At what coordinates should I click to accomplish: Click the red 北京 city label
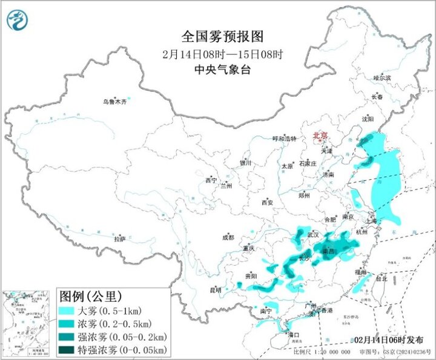pos(320,136)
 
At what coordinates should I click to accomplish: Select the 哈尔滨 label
pos(381,78)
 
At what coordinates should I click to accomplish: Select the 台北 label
pos(381,279)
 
